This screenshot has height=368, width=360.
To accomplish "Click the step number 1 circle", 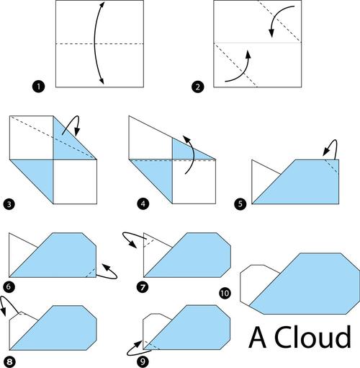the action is pyautogui.click(x=38, y=87).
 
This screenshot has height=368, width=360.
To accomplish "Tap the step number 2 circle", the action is pyautogui.click(x=197, y=87).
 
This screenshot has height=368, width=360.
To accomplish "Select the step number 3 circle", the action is pyautogui.click(x=9, y=204).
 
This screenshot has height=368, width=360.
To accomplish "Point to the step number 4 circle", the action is pyautogui.click(x=143, y=204).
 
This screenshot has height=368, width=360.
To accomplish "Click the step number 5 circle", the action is pyautogui.click(x=240, y=204).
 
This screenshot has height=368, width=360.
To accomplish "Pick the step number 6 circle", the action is pyautogui.click(x=9, y=286).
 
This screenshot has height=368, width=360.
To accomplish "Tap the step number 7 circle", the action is pyautogui.click(x=143, y=287).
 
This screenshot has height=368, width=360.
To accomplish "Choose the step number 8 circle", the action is pyautogui.click(x=9, y=362).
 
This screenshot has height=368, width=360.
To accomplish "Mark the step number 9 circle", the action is pyautogui.click(x=143, y=362).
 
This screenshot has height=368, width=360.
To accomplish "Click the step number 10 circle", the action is pyautogui.click(x=225, y=293).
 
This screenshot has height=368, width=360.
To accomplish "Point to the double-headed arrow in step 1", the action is pyautogui.click(x=94, y=43).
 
